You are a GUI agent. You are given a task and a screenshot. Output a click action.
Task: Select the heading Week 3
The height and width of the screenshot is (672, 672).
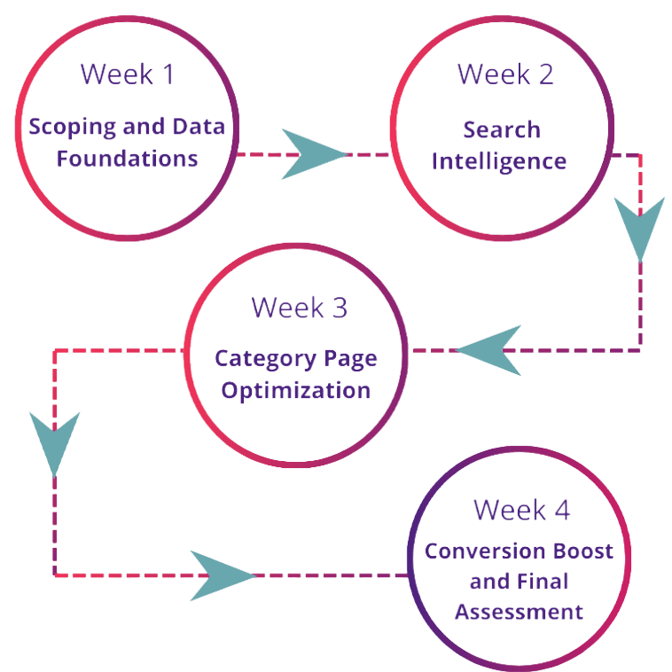pyautogui.click(x=299, y=308)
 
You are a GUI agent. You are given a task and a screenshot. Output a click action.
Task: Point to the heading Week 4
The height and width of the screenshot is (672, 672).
pyautogui.click(x=521, y=511)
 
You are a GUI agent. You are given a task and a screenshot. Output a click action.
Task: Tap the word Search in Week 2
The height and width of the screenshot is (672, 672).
pyautogui.click(x=502, y=130)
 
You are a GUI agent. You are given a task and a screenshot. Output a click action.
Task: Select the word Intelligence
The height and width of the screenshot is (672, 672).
pyautogui.click(x=502, y=161)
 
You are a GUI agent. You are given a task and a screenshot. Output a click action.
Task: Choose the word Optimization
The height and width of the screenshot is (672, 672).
pyautogui.click(x=296, y=391)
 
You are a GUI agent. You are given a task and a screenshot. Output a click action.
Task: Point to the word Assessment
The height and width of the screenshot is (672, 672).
pyautogui.click(x=519, y=612)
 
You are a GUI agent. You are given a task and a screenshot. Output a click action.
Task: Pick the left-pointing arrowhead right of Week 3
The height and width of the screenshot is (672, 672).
pyautogui.click(x=487, y=351)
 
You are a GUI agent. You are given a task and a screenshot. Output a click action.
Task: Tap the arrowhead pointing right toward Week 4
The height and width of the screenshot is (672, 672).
pyautogui.click(x=218, y=576)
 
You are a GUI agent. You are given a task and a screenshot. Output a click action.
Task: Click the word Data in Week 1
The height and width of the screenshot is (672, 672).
pyautogui.click(x=199, y=128)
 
